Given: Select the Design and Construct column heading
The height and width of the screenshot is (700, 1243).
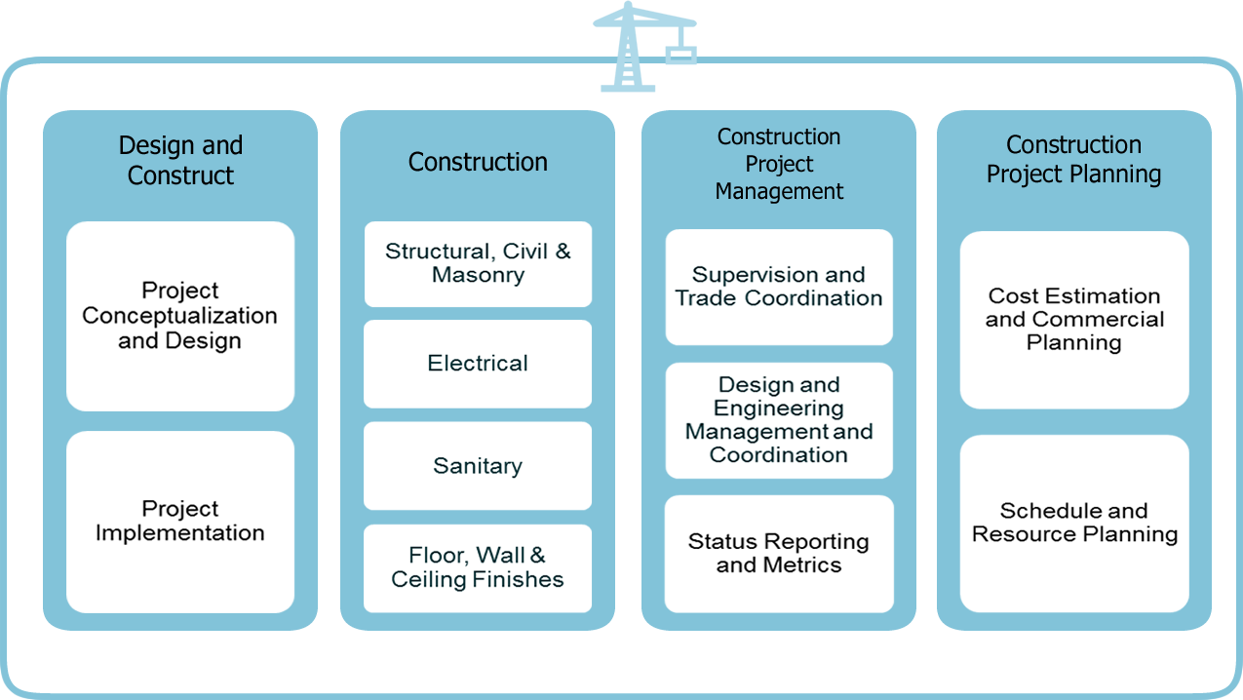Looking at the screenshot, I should (180, 161).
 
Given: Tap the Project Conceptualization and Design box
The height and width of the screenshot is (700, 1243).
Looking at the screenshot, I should (180, 316).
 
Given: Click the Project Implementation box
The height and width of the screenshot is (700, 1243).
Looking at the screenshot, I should (180, 522).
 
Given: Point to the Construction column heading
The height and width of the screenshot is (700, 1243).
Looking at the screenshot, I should (478, 162).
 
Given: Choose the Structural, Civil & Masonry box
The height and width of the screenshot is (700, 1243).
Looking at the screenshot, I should (478, 263).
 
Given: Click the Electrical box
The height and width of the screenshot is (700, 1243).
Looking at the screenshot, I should (478, 364).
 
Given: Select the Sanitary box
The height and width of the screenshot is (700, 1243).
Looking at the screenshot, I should (478, 466).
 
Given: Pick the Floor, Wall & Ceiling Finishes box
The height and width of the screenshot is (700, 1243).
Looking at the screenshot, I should (478, 568).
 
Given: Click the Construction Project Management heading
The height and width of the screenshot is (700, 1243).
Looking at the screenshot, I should (779, 164).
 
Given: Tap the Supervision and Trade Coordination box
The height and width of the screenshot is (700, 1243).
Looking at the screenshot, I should (779, 287).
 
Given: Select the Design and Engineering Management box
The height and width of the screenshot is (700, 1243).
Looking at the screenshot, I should (779, 420).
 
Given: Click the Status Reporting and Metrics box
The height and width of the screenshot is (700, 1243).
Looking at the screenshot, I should (779, 553).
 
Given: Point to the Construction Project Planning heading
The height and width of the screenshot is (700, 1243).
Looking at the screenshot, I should (1073, 160).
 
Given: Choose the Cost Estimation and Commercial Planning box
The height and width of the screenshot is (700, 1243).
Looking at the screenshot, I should (1074, 320).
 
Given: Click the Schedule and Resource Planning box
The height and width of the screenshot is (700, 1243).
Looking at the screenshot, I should (1074, 523).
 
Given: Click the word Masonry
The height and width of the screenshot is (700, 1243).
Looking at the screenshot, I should (478, 275).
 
